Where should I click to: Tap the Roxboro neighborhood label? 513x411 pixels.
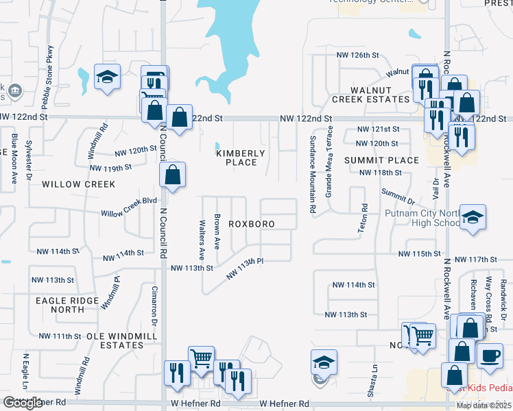point(252,224)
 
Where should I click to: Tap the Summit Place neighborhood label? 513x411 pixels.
point(381,160)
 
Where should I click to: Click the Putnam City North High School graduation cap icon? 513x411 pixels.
point(473,219)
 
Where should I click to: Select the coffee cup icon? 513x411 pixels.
point(490,356)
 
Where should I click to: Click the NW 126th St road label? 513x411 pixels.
point(357,55)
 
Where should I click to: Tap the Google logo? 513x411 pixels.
point(23,403)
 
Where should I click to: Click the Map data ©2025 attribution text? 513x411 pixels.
point(484,406)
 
